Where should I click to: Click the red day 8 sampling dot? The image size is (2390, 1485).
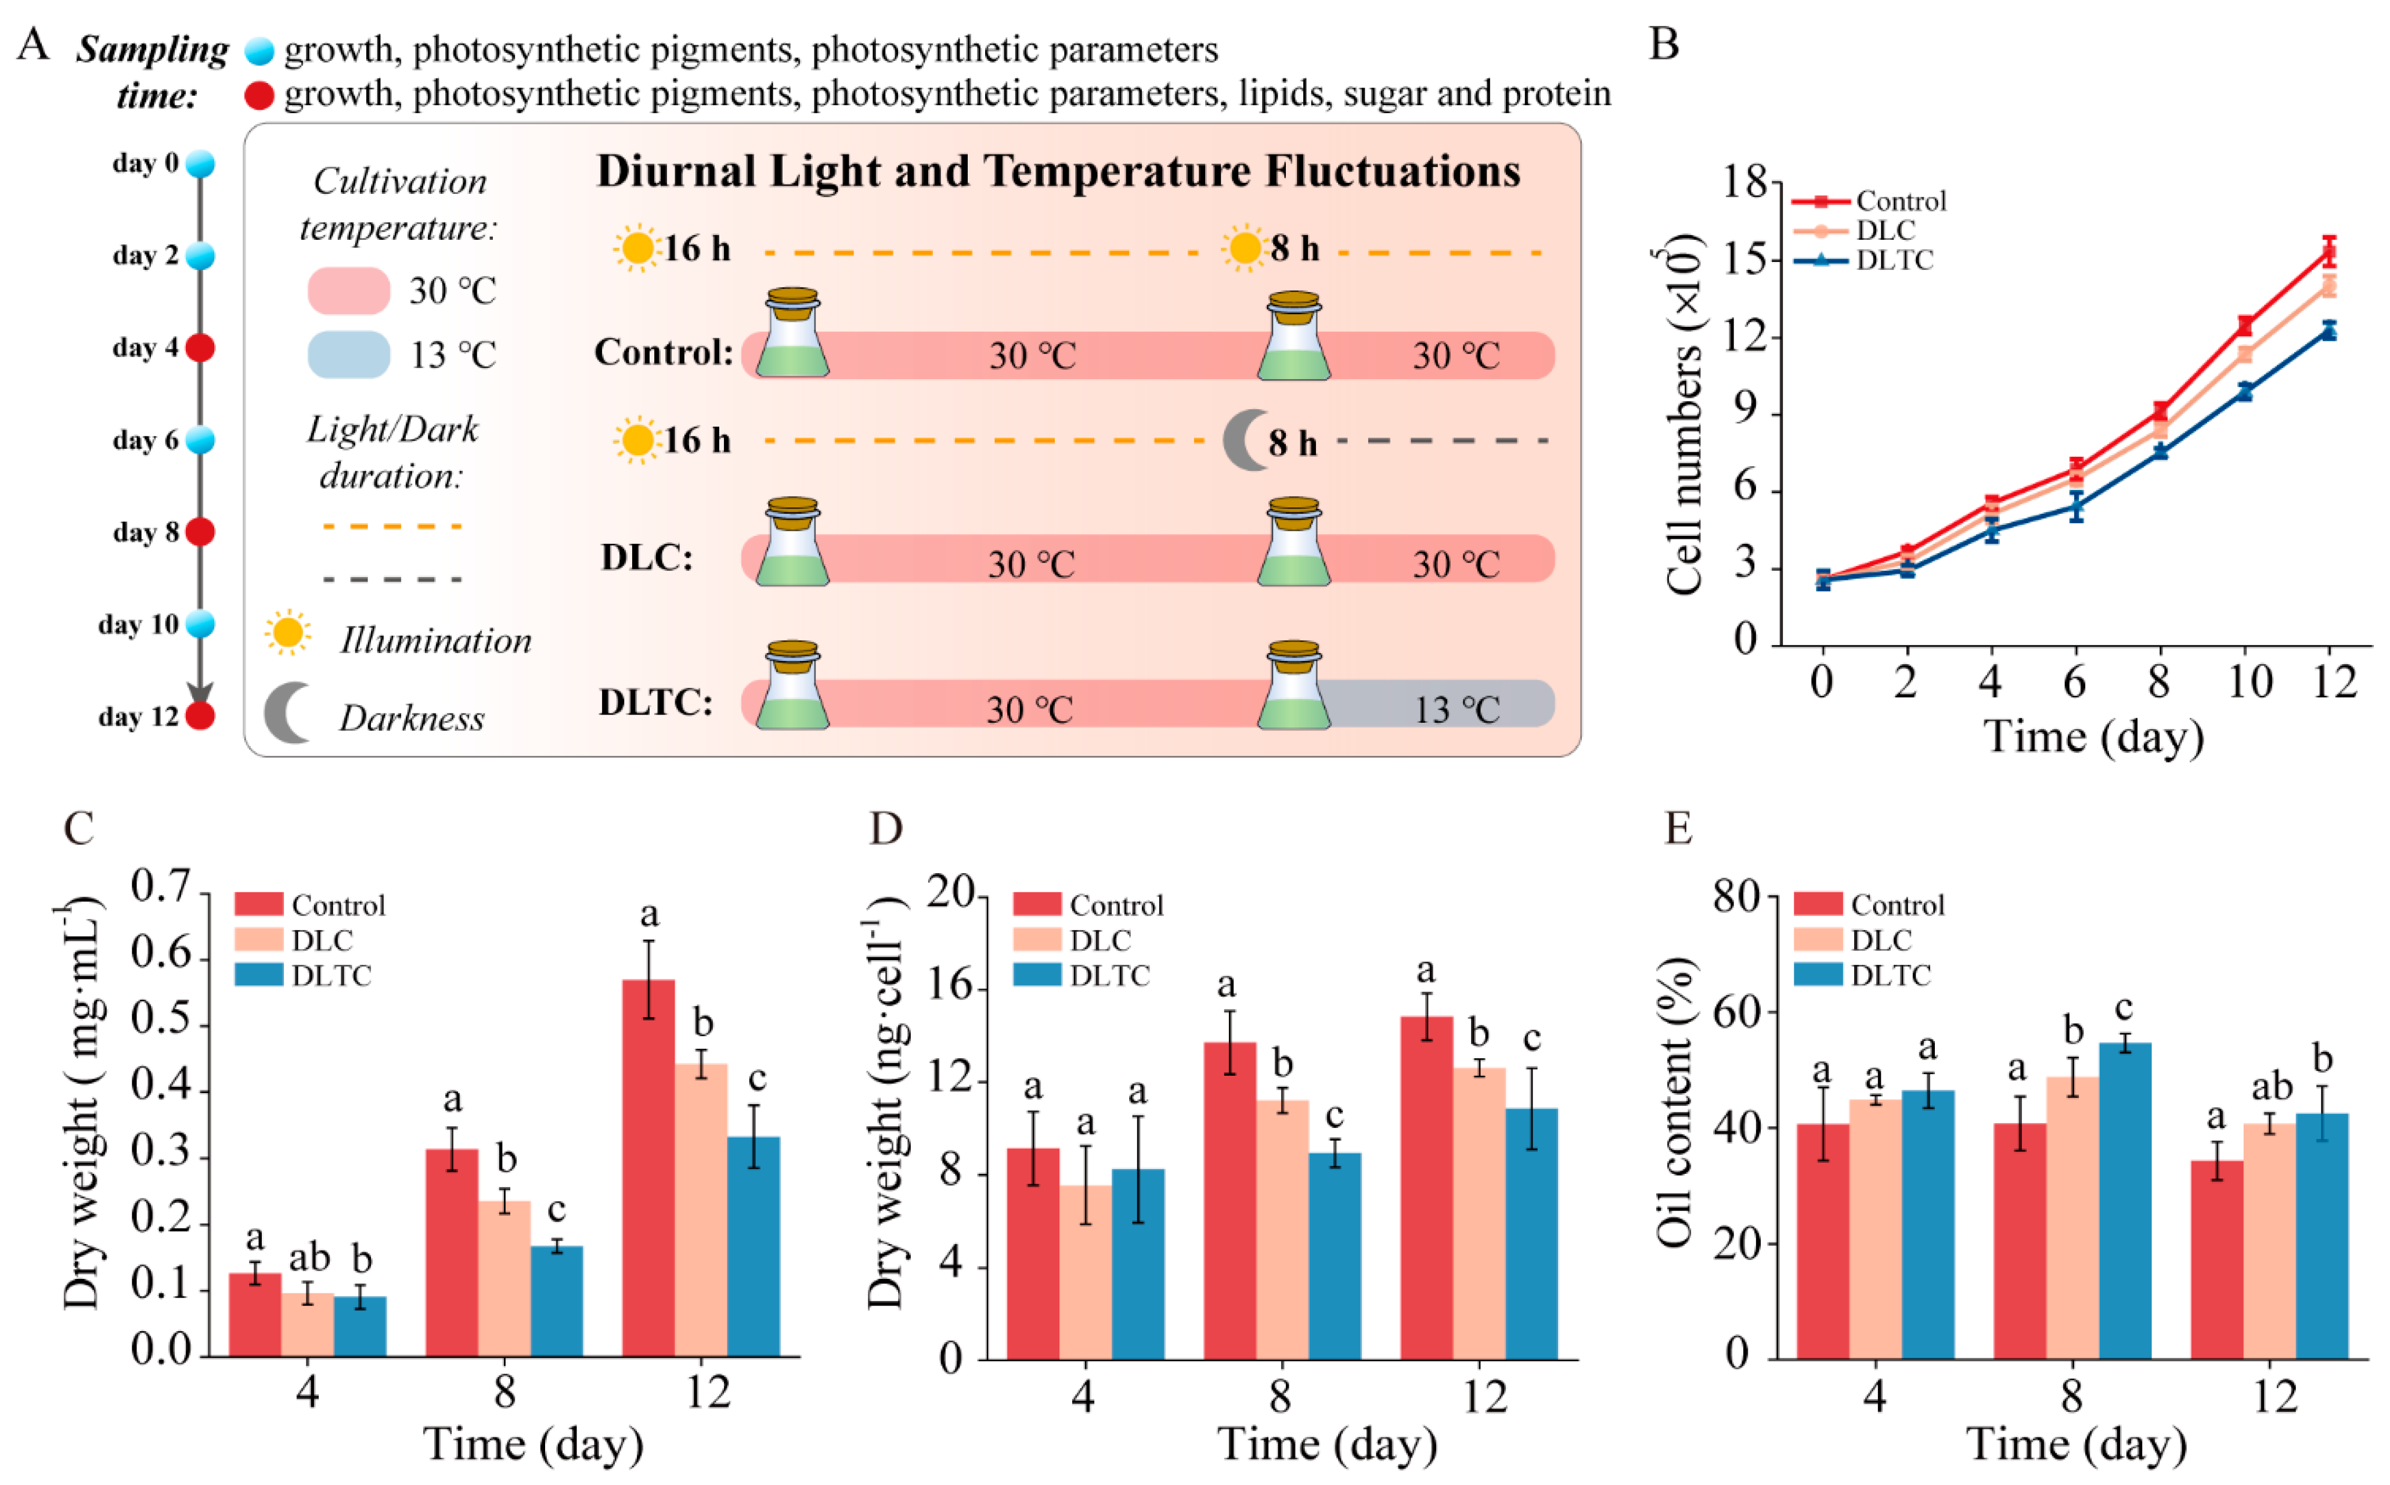200,532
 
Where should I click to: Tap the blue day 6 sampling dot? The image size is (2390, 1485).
200,440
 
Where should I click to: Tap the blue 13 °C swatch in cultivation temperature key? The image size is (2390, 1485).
348,355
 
